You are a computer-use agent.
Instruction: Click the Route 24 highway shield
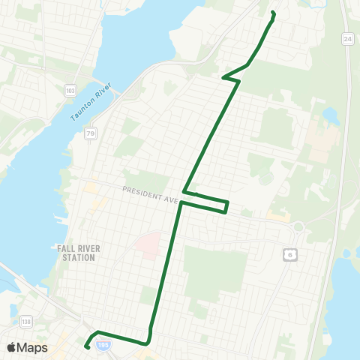347,38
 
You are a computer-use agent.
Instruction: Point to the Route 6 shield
289,255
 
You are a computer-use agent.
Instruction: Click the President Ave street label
149,195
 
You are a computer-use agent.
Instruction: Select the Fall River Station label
76,253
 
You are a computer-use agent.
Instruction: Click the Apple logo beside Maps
12,347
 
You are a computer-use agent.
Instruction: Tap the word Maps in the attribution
33,347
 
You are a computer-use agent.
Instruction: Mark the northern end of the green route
272,13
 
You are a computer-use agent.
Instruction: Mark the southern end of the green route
87,346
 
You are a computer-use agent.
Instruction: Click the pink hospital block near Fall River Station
148,245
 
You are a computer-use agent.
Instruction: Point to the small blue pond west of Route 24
331,117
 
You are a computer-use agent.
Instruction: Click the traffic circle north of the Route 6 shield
298,226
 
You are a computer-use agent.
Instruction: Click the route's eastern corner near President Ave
226,207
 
